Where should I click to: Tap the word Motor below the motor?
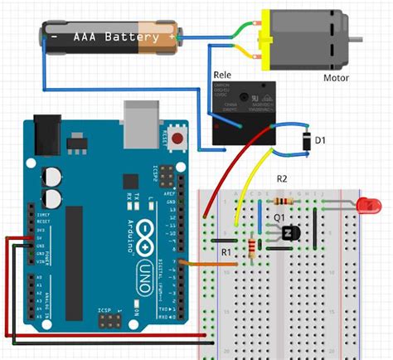336,79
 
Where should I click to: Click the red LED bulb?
364,204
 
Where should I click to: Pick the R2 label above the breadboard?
281,179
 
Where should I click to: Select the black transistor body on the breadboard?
289,234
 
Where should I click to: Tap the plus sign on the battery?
172,37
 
